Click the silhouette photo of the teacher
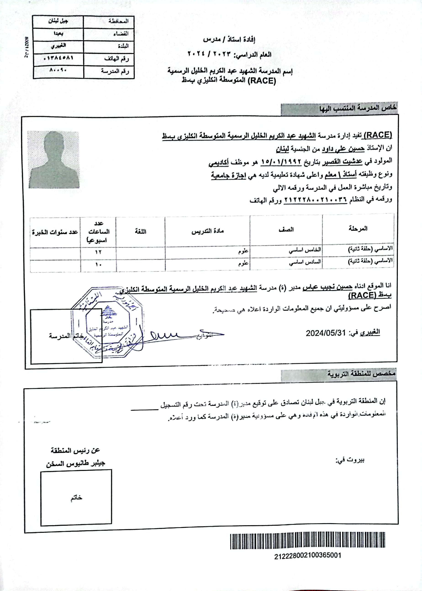(53, 159)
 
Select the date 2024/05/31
(326, 333)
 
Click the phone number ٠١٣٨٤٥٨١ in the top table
(59, 58)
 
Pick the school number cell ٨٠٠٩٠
(58, 70)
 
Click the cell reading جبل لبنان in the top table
(58, 21)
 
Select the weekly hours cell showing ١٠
(98, 265)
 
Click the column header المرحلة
(358, 229)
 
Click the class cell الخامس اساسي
(305, 250)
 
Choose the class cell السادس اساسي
(305, 262)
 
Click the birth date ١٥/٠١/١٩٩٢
(281, 162)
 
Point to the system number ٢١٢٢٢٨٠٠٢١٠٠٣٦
(315, 200)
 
